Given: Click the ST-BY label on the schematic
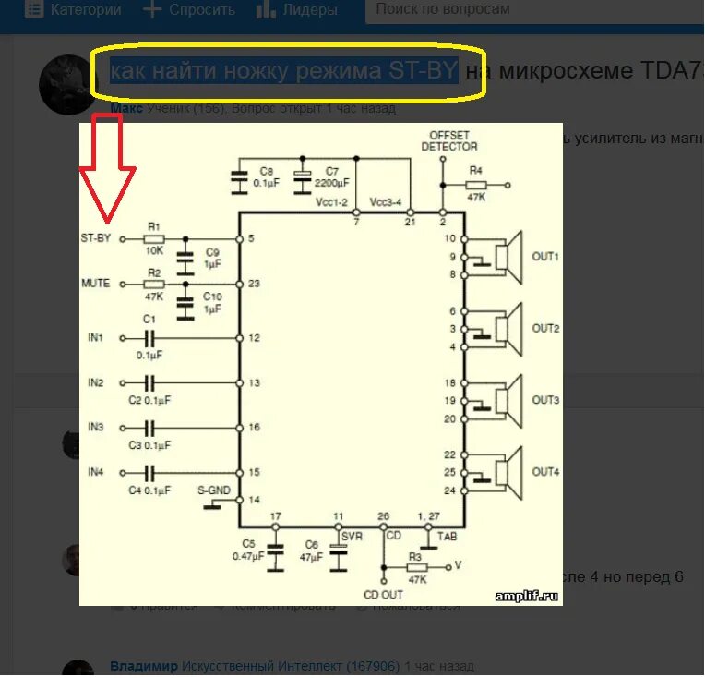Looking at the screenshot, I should click(x=95, y=238).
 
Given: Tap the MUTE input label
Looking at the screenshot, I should click(x=95, y=284).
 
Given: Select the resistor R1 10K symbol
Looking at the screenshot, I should click(x=153, y=238).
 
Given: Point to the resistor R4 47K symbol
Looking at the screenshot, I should click(x=476, y=184).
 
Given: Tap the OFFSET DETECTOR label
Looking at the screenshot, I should click(x=449, y=140).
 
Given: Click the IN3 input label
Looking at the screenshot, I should click(x=96, y=428).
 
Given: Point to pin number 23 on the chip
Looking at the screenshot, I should click(x=255, y=285).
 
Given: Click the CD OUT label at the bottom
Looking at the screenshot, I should click(x=383, y=594).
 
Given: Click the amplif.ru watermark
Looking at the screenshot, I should click(x=526, y=596).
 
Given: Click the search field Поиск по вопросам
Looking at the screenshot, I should click(x=443, y=9).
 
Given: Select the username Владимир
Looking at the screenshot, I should click(x=143, y=666).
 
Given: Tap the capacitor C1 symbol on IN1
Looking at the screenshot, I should click(x=148, y=338).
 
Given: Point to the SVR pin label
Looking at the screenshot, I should click(x=352, y=536).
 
